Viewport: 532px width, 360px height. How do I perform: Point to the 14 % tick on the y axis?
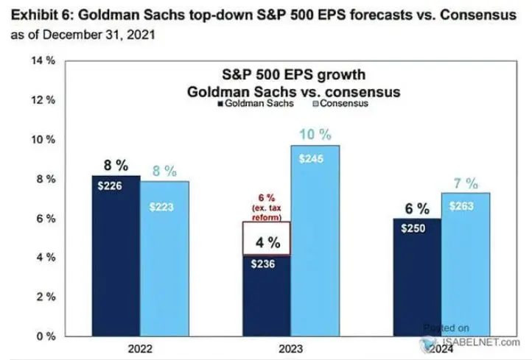(x=46, y=61)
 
